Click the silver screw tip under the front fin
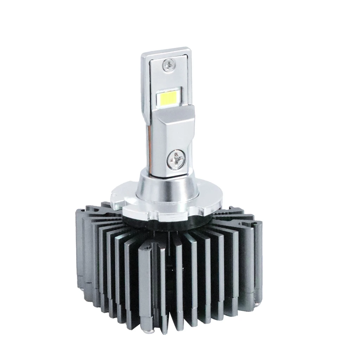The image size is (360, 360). pos(145,330)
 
